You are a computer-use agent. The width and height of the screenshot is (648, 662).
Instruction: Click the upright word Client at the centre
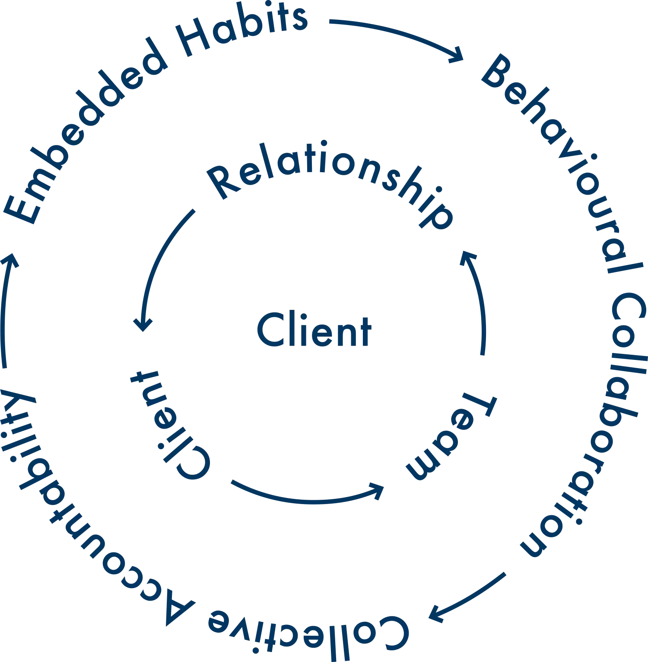313,331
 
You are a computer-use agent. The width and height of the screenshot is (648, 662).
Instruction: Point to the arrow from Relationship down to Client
158,268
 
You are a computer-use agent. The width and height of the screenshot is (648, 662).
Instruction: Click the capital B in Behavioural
497,73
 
